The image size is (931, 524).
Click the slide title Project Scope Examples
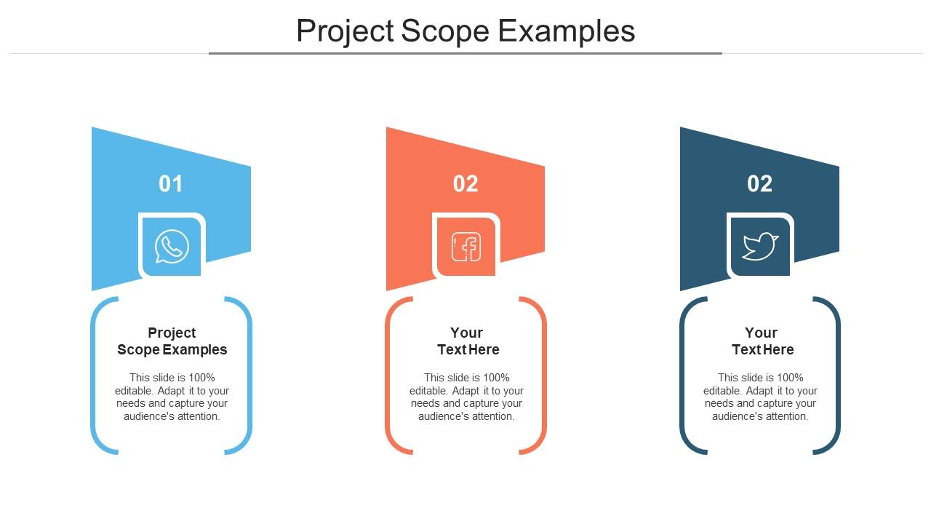click(465, 31)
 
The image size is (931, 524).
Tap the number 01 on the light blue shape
click(170, 184)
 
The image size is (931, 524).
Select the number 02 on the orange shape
click(465, 184)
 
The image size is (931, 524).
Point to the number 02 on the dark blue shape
click(760, 184)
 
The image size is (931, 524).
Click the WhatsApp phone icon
click(172, 247)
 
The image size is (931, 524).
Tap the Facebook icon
click(466, 247)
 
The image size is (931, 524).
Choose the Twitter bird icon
click(760, 247)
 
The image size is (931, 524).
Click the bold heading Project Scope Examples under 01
click(172, 341)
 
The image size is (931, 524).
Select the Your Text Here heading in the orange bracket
click(468, 341)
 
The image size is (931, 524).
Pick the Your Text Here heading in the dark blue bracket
click(762, 341)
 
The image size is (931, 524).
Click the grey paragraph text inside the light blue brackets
click(172, 397)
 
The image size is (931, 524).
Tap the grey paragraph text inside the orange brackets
click(466, 397)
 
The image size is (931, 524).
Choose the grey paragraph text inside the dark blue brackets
click(760, 397)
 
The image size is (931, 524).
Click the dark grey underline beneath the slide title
click(465, 54)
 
